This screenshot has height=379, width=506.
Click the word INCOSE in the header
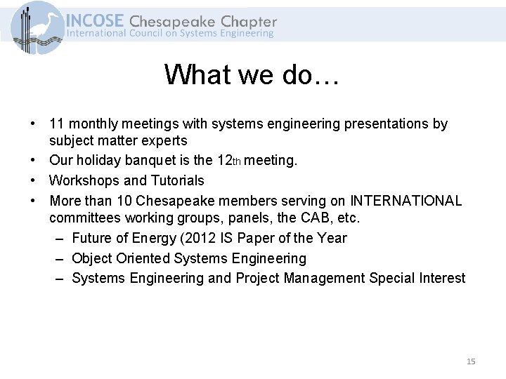point(96,21)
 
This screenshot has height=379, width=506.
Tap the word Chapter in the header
point(249,21)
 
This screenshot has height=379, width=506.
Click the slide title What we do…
point(252,74)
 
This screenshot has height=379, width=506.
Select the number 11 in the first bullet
point(57,124)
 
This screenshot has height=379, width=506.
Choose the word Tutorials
point(171,180)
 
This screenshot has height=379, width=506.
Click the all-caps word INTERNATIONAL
point(406,201)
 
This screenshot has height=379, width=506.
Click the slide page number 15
point(471,361)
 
